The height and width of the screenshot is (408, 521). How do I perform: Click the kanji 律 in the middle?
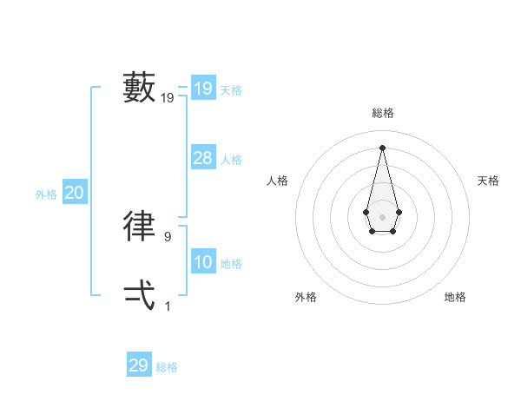tap(140, 226)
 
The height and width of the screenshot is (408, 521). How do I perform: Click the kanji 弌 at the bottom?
tap(140, 295)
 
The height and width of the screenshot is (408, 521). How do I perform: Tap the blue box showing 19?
tap(203, 89)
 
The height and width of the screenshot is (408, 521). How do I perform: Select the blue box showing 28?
tap(203, 158)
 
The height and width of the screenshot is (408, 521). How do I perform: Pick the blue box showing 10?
tap(203, 262)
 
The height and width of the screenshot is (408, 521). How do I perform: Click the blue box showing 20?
tap(75, 193)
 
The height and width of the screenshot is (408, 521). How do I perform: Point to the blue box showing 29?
tap(139, 365)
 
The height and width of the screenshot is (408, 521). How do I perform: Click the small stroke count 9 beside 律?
tap(168, 236)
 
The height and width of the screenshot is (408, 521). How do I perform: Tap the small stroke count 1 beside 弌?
tap(168, 306)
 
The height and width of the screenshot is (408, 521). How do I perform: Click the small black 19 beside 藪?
tap(168, 98)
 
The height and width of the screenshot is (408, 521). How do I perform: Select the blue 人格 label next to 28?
tap(231, 160)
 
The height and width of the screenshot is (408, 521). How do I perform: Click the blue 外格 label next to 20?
tap(46, 194)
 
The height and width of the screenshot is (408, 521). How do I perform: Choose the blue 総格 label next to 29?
tap(167, 367)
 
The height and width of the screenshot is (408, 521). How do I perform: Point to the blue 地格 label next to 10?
tap(231, 264)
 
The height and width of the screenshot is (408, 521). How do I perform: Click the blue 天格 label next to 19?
tap(231, 90)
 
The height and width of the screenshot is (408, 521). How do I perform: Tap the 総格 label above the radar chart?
tap(382, 114)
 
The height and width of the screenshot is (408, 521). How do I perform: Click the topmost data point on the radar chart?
tap(382, 147)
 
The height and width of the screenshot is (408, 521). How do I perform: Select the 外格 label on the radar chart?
tap(306, 297)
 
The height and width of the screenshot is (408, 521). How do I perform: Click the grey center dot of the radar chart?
tap(382, 216)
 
